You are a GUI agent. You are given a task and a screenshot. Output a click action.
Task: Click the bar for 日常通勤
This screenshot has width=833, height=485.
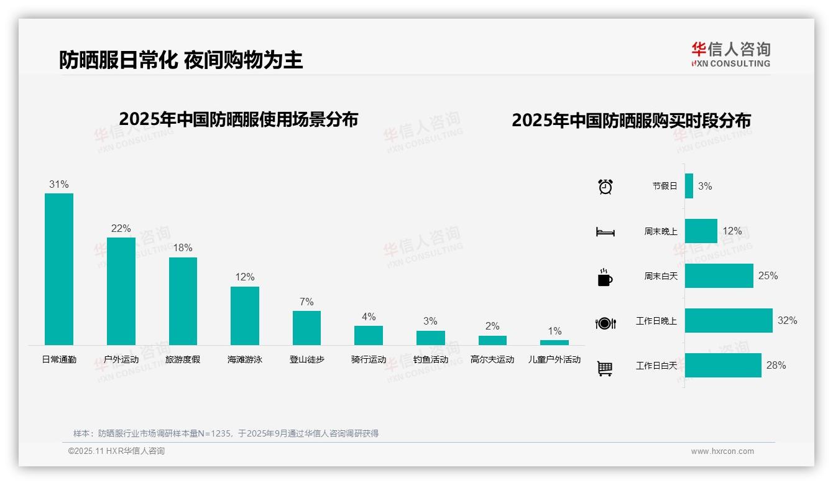(59, 269)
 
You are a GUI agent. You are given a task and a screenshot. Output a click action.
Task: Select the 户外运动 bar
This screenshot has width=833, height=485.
(121, 291)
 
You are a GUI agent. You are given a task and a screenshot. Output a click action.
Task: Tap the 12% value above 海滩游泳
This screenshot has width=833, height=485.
(245, 277)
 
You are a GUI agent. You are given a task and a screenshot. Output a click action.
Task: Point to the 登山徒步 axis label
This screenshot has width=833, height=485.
(306, 359)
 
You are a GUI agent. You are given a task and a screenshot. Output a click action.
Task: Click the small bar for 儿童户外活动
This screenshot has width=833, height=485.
(554, 343)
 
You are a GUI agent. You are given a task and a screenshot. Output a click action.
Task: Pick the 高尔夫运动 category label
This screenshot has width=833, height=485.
(492, 359)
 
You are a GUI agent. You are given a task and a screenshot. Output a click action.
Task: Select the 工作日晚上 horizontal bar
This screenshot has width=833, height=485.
(729, 321)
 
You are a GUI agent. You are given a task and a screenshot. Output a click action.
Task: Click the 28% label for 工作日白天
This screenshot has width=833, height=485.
(776, 366)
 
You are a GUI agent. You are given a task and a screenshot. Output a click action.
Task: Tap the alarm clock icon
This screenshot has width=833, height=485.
(605, 187)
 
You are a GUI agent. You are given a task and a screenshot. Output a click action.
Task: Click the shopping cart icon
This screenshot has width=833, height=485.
(605, 368)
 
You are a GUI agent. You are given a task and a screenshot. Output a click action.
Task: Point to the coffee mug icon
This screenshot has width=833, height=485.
(605, 277)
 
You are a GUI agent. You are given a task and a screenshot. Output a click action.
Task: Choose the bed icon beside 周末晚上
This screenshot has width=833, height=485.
(605, 232)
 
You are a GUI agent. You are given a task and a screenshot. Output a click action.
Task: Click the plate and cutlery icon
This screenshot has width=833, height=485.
(605, 323)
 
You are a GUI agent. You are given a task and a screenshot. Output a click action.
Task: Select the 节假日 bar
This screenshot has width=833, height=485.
(689, 186)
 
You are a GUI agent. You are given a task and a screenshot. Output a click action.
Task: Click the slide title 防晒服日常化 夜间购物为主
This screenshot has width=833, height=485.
(181, 60)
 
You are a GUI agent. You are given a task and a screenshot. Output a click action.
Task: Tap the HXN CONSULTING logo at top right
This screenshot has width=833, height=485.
(730, 55)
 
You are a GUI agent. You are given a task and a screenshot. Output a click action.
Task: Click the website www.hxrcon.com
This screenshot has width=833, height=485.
(722, 451)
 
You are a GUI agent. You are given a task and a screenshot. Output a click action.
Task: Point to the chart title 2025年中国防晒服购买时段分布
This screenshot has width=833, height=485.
(631, 121)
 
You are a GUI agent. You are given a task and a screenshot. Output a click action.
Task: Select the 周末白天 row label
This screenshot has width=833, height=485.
(661, 276)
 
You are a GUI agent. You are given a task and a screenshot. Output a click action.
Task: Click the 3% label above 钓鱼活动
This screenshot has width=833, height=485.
(430, 321)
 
